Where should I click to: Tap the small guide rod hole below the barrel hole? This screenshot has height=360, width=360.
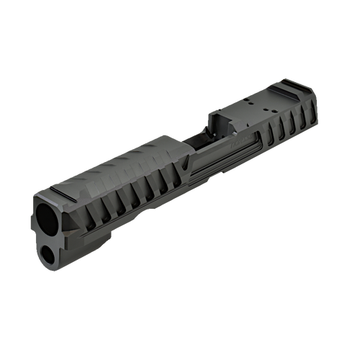coord(51,253)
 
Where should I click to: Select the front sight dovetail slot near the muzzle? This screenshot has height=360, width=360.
coord(63,193)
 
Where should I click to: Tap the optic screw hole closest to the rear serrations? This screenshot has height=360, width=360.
coord(267,109)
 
